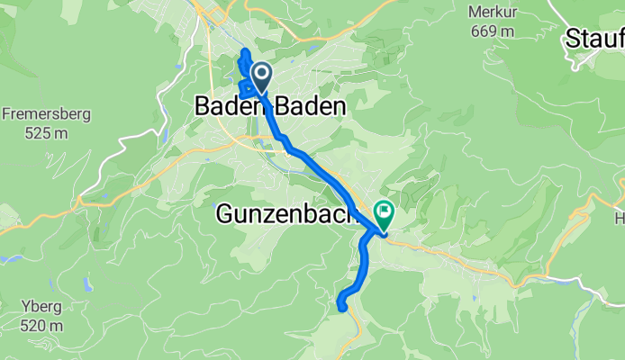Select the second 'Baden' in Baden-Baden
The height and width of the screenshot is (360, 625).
tap(315, 106)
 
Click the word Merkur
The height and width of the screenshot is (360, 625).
tap(491, 12)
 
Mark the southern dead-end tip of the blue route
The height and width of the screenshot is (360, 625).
tap(343, 308)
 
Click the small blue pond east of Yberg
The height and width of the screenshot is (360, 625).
tap(86, 285)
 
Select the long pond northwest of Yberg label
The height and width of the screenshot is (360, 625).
tap(11, 258)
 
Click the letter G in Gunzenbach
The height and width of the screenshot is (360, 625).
tap(225, 215)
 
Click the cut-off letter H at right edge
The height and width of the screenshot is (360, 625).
tap(620, 218)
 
